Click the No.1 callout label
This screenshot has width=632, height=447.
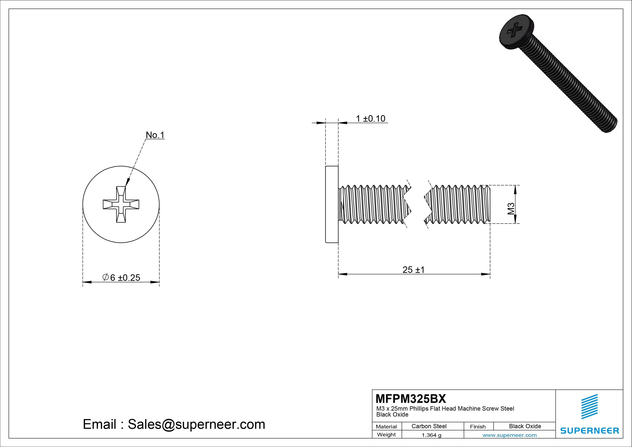[155, 135]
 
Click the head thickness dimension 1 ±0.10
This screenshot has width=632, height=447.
[371, 119]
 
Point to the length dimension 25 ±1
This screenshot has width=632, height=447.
[413, 270]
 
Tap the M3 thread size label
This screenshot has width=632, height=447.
[511, 209]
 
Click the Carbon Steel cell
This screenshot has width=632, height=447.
[429, 426]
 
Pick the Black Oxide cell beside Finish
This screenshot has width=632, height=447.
[525, 426]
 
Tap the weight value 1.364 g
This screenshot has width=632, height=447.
[431, 435]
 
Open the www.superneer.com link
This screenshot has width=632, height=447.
[509, 435]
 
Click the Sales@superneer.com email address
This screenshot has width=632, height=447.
[196, 424]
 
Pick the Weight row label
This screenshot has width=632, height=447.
[386, 435]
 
